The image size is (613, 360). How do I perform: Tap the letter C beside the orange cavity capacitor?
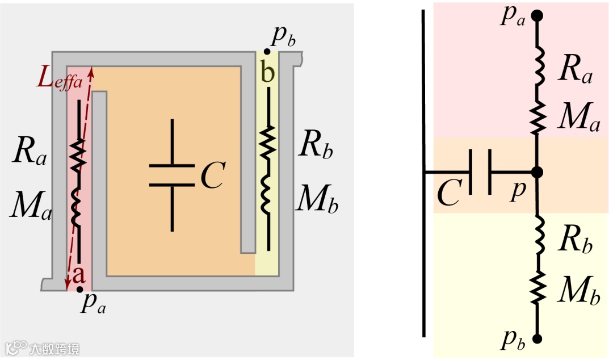tap(213, 176)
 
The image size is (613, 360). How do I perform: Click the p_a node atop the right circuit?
tap(537, 16)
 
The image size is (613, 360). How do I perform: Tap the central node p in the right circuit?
tap(537, 171)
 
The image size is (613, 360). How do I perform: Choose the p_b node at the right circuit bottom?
tap(537, 339)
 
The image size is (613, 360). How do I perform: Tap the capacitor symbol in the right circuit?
tap(480, 171)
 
